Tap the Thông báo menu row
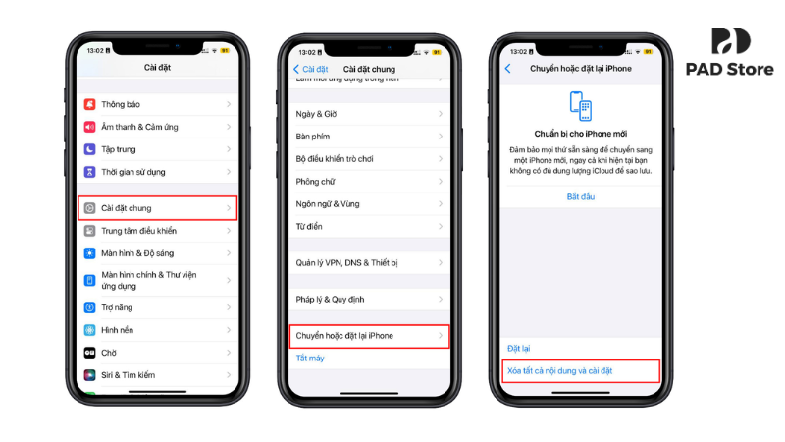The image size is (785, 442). (x=157, y=104)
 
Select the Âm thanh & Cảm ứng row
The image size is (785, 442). (x=157, y=127)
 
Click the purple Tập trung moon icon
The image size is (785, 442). (x=89, y=149)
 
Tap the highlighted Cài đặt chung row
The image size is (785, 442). (x=157, y=208)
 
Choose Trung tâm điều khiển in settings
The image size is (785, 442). (x=157, y=231)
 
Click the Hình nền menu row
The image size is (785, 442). (x=157, y=329)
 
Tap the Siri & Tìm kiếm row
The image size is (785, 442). (x=157, y=374)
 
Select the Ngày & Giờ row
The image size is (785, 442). (x=369, y=114)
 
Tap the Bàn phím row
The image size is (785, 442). (x=369, y=137)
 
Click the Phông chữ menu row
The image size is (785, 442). (x=369, y=181)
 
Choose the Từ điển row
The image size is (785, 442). (x=369, y=226)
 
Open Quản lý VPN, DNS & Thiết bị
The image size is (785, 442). (x=369, y=262)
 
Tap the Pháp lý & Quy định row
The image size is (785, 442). (x=369, y=299)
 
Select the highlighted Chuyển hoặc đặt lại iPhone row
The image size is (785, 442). (x=369, y=336)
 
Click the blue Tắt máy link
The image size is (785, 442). (x=310, y=359)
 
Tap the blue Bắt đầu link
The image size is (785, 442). (x=581, y=196)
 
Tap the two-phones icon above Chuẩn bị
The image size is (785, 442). (x=581, y=107)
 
